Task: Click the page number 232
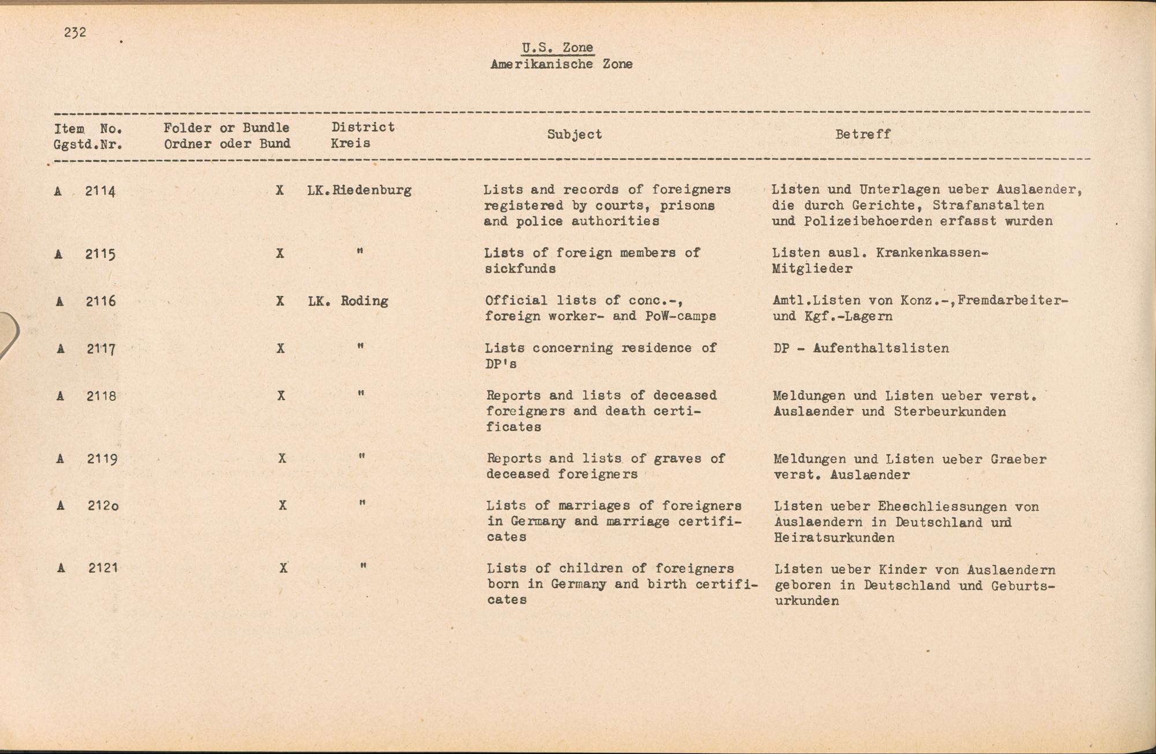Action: [75, 32]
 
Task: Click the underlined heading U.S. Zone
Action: [557, 48]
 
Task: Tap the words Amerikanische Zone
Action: [561, 64]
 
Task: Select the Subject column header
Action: [575, 134]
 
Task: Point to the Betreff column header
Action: [863, 134]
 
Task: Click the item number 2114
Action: [100, 191]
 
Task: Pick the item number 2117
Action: [101, 349]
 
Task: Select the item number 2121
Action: [103, 568]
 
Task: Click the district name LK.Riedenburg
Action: [360, 190]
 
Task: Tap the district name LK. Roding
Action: [348, 301]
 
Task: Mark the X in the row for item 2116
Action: [280, 301]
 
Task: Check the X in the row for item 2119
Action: [282, 458]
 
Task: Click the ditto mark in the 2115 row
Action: [360, 252]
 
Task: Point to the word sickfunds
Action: [520, 269]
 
